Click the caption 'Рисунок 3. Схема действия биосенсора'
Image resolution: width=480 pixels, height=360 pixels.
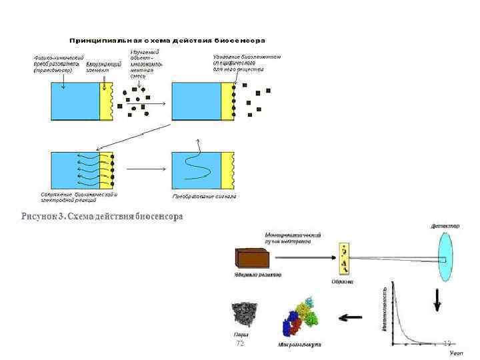[102, 217]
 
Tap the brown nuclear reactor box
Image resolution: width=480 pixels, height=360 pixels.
[257, 259]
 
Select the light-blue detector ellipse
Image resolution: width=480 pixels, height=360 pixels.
[444, 257]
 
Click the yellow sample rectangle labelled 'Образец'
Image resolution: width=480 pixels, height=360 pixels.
[344, 259]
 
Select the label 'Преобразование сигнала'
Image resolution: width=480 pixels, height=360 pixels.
[205, 197]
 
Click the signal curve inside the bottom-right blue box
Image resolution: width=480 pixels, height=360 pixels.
[198, 165]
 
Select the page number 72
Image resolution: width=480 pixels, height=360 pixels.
[240, 343]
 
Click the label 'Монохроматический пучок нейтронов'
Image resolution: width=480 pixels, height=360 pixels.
[293, 239]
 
